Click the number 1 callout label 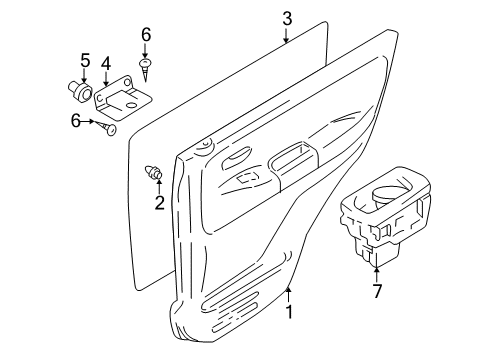click(x=289, y=311)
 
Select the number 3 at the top click(x=286, y=18)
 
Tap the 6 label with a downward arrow click(x=146, y=34)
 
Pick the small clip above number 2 click(x=155, y=172)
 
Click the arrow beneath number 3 click(x=286, y=38)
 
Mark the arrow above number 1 click(x=288, y=292)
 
